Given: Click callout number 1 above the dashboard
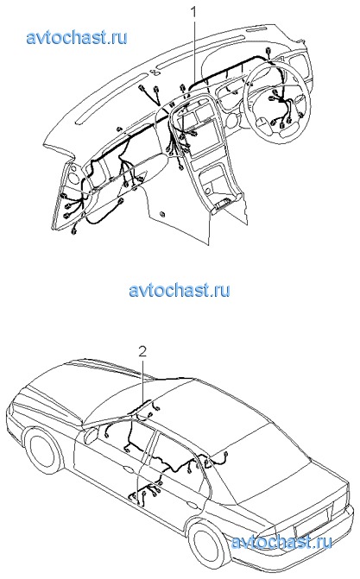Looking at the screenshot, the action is [193, 13].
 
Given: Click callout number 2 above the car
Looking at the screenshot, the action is [142, 351].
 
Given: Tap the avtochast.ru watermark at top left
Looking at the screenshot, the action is [77, 37].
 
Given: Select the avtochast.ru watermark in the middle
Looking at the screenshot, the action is [180, 290].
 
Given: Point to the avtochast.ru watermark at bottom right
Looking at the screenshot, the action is [281, 542].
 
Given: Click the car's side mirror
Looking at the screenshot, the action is [91, 434].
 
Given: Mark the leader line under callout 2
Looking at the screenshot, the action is [143, 380].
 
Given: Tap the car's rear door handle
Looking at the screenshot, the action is [193, 505].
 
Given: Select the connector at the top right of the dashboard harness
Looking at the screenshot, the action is [268, 53].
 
